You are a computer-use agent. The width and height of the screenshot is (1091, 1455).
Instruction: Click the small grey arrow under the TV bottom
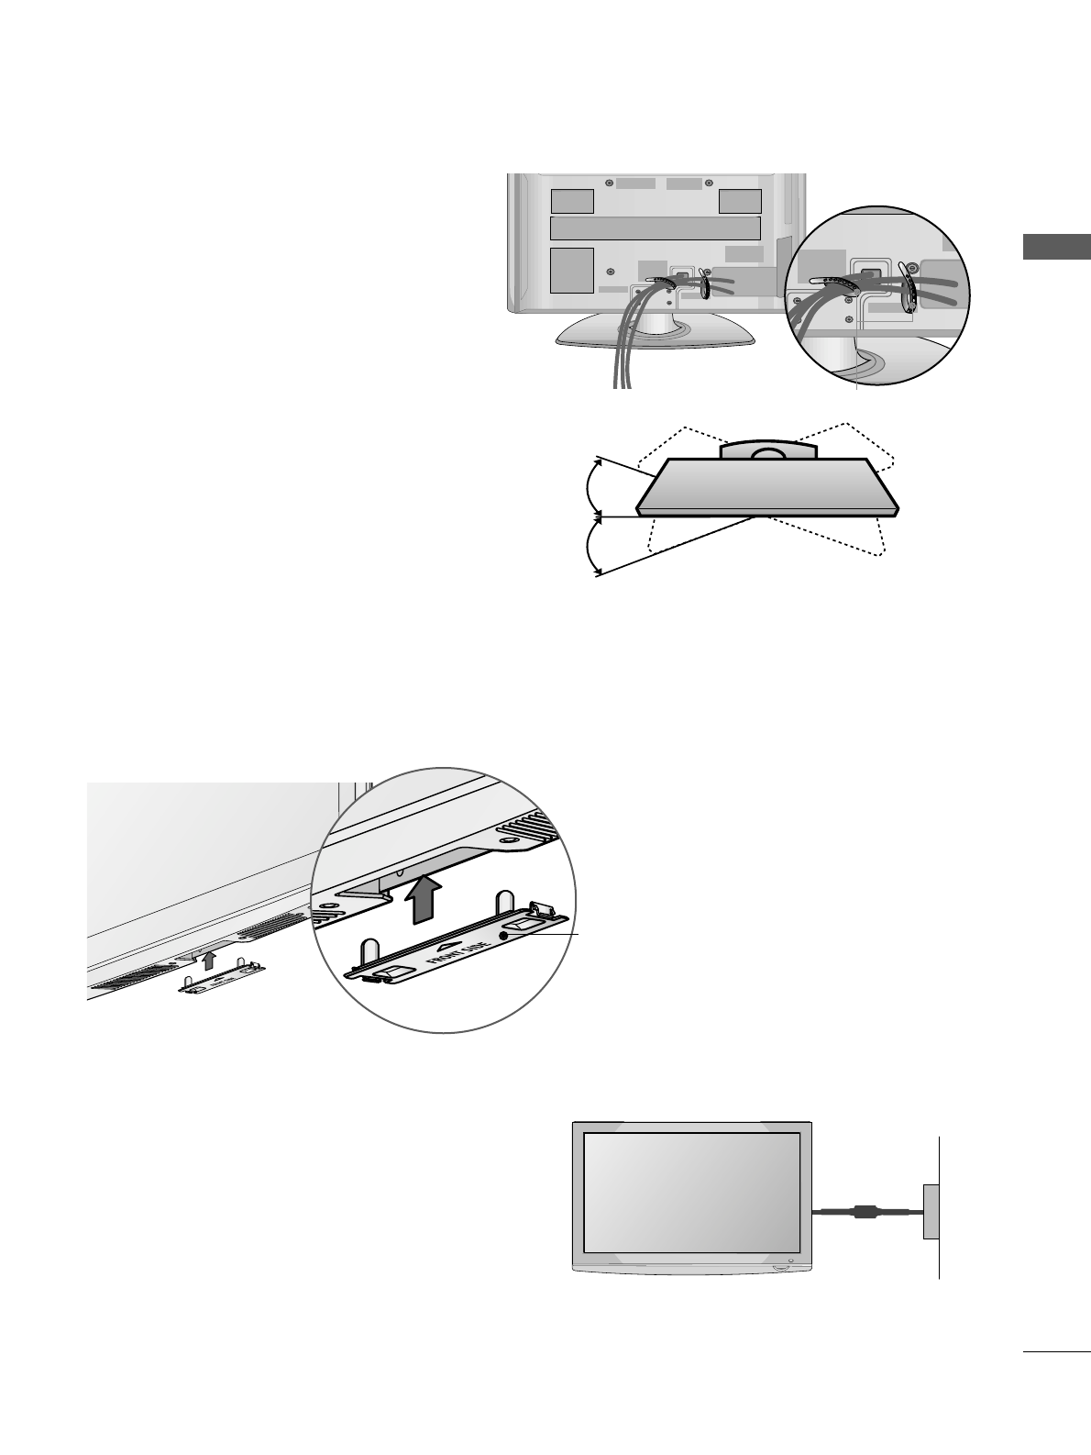tap(210, 961)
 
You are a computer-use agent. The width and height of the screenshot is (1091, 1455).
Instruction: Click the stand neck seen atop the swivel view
tap(767, 450)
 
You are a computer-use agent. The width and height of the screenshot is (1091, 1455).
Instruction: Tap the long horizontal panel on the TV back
tap(655, 228)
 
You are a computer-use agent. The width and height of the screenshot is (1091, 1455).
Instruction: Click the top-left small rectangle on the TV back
tap(571, 200)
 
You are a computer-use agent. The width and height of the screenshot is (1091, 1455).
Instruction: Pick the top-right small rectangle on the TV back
tap(740, 200)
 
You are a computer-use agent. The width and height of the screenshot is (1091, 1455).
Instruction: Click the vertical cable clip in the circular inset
tap(910, 292)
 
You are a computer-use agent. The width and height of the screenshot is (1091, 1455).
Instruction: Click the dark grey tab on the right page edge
tap(1055, 248)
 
